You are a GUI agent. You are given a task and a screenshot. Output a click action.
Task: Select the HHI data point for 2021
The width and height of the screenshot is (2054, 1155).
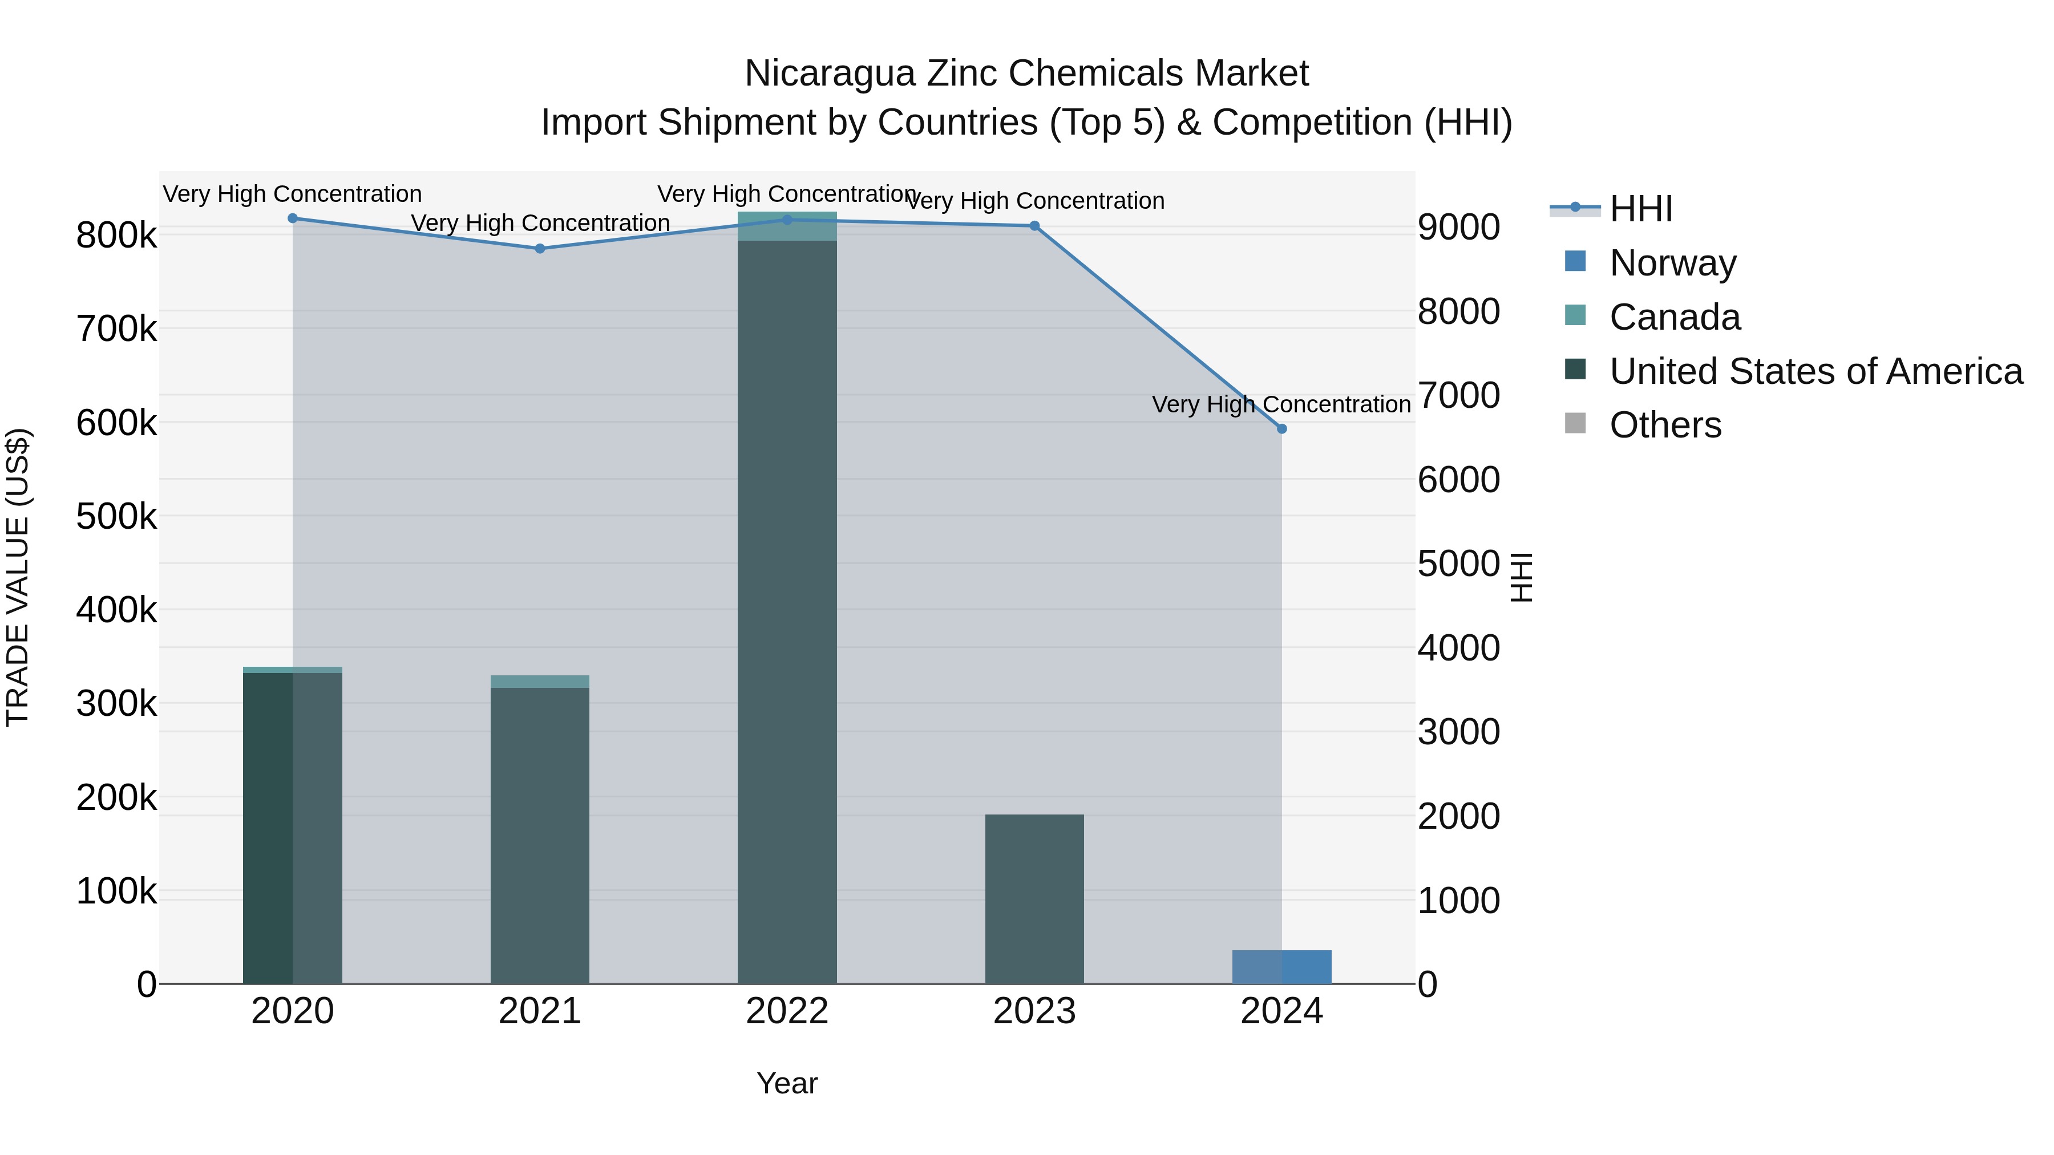[540, 249]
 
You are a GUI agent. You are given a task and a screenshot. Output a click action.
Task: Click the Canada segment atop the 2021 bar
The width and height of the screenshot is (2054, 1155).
[540, 682]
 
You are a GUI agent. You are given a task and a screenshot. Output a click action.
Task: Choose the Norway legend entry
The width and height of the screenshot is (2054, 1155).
[1672, 263]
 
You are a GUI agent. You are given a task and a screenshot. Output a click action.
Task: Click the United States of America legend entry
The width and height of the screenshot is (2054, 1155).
[1816, 371]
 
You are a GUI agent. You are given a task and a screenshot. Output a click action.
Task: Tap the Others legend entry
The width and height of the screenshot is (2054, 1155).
[1665, 425]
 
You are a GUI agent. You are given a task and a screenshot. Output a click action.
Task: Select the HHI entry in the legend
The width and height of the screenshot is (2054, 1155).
[1640, 209]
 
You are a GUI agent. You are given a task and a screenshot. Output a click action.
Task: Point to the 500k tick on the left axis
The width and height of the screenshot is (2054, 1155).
[116, 517]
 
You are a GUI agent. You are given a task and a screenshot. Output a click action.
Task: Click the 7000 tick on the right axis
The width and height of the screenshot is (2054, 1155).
[1458, 395]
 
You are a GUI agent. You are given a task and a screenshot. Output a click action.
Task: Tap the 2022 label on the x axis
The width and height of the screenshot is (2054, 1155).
[787, 1011]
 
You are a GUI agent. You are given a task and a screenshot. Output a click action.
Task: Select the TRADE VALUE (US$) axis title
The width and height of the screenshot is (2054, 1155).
[18, 577]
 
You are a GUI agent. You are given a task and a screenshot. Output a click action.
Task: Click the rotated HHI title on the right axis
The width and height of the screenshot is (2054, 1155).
[1521, 577]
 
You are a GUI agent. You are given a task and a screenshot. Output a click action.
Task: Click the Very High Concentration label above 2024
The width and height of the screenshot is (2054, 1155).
[1281, 405]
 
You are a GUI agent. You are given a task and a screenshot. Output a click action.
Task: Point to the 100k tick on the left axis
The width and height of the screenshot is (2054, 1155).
[116, 892]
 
